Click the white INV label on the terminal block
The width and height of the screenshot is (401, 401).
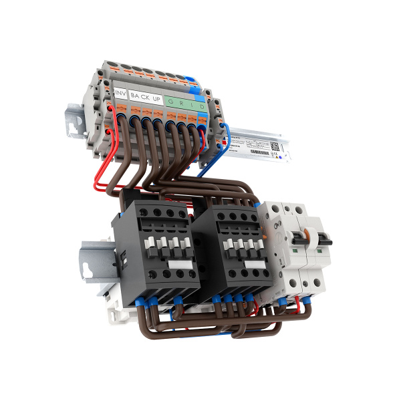[121, 92]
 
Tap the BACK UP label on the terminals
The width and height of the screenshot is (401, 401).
[145, 97]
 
